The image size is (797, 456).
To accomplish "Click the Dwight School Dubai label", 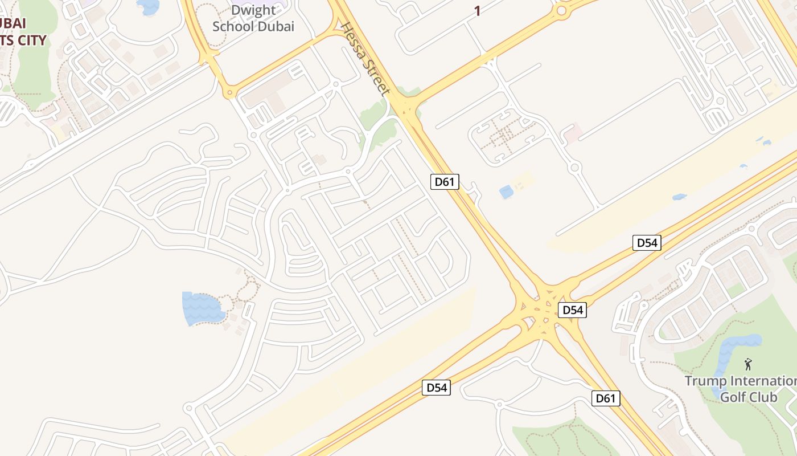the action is (253, 18).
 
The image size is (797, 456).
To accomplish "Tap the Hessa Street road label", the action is (367, 59).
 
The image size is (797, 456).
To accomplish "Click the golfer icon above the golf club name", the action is (748, 364).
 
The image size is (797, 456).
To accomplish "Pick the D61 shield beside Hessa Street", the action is (444, 182).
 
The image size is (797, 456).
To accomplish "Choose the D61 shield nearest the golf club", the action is (605, 398).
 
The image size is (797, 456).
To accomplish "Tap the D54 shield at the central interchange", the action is (572, 310).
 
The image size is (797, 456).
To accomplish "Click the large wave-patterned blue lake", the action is (200, 307).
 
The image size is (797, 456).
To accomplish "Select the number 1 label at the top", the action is (477, 11).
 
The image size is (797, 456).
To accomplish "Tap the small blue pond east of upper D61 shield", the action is (506, 192).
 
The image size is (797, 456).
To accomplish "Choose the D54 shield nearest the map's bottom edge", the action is (437, 388).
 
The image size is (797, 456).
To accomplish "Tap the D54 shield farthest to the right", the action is (647, 243).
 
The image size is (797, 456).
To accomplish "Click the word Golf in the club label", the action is (733, 397).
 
